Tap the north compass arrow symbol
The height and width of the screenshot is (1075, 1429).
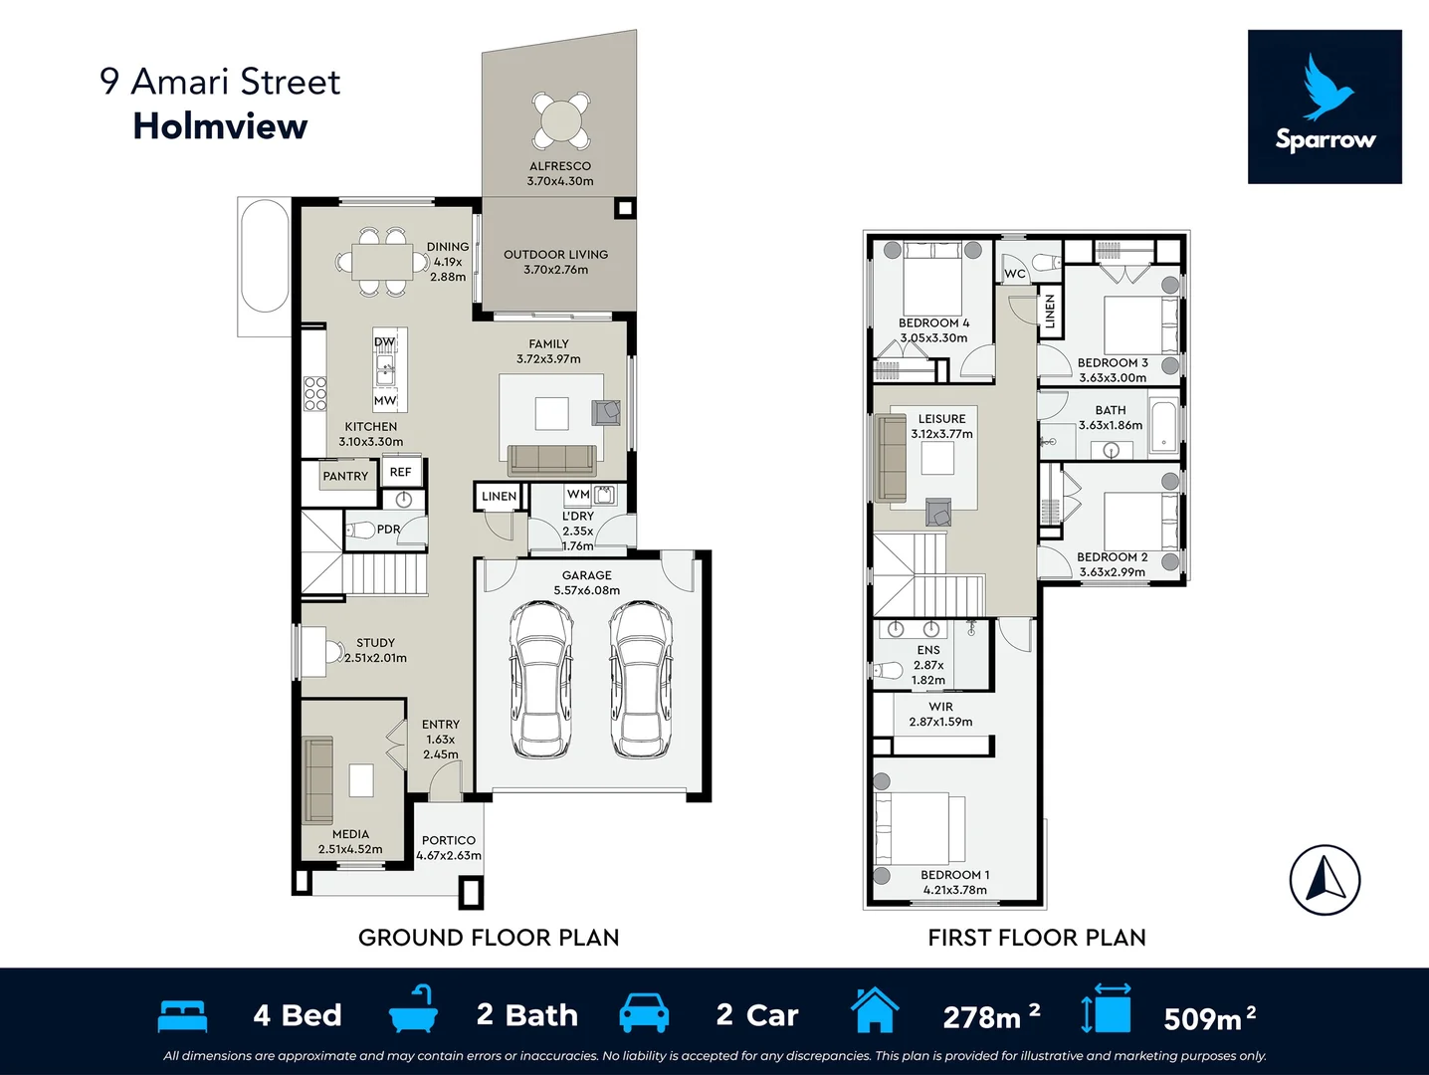[x=1325, y=880]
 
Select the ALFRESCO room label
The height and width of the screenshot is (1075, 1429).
[x=560, y=166]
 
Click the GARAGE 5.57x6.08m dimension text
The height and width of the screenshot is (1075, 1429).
[x=587, y=590]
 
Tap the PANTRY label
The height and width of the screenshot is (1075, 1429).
[x=345, y=477]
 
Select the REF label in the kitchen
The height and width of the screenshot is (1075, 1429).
[x=400, y=472]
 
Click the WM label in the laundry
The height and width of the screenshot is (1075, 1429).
[x=578, y=495]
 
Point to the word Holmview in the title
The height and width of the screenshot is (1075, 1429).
[x=220, y=126]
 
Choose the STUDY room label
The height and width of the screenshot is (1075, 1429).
[x=375, y=643]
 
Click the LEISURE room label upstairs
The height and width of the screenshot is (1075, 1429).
[x=941, y=419]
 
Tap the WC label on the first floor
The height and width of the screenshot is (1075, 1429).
[x=1014, y=274]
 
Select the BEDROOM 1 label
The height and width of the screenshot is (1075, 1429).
[x=954, y=875]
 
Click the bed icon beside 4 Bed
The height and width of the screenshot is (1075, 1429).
[x=182, y=1015]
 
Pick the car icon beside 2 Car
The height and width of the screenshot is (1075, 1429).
[x=644, y=1012]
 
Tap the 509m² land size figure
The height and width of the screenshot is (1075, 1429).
[x=1209, y=1017]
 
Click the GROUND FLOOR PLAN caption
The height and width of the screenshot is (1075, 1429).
[x=489, y=938]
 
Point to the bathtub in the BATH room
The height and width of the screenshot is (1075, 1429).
[x=1163, y=426]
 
